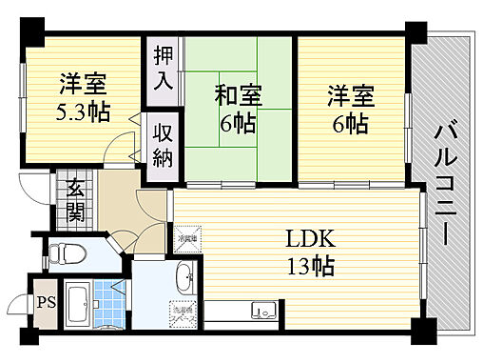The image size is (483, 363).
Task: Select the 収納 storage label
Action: point(162,142)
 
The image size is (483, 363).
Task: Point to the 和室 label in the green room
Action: point(237,94)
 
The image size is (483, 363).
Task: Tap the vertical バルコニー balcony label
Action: point(444,180)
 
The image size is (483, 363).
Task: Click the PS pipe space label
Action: point(46,305)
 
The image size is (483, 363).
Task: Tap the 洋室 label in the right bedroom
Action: point(351,94)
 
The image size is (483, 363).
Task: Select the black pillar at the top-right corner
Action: point(415,31)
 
